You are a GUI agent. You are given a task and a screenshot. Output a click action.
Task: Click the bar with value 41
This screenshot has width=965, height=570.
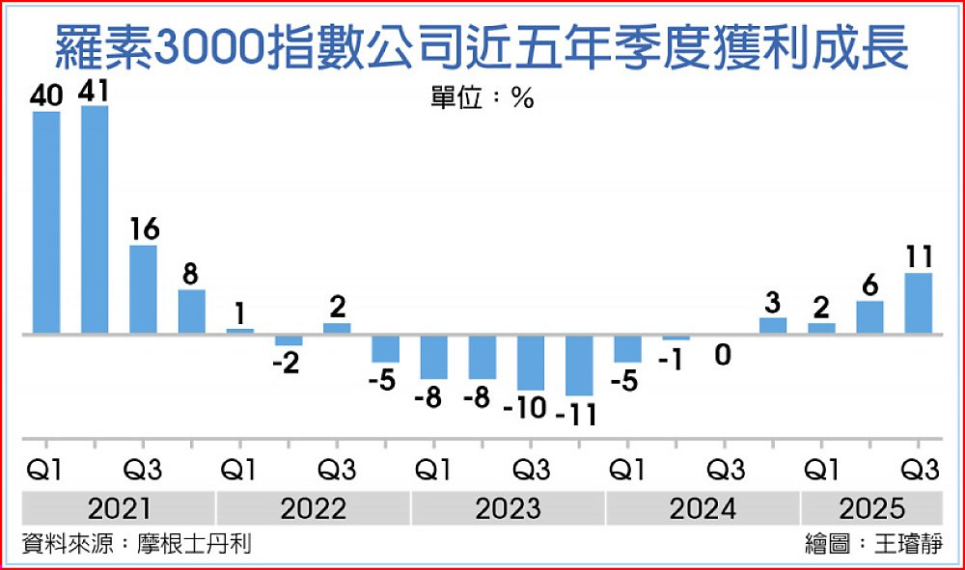95,220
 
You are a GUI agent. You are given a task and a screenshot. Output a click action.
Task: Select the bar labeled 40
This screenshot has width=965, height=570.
46,223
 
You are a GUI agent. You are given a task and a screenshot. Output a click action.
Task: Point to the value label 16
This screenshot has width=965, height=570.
144,230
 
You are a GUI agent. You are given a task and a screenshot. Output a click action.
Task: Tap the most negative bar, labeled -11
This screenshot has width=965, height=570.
579,365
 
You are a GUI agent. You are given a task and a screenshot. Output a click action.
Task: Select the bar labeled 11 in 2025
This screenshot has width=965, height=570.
919,303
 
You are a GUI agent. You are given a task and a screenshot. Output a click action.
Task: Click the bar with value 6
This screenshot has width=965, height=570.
870,317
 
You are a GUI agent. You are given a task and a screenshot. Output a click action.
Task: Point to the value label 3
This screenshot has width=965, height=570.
773,301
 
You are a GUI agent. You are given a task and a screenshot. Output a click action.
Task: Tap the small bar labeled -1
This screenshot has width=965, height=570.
676,338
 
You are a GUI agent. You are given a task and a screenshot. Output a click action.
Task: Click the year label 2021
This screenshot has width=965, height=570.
120,507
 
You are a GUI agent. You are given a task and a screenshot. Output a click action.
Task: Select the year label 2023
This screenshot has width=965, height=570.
508,507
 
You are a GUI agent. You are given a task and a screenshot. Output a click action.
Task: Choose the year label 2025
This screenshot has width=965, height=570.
871,507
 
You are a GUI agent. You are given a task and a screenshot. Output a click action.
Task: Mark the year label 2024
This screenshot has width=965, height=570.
702,507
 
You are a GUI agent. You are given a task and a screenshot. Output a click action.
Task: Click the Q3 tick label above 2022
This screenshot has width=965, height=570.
337,471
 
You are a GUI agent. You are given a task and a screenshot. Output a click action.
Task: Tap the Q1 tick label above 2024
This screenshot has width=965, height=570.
627,471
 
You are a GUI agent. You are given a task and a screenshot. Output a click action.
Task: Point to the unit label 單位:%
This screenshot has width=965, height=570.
482,98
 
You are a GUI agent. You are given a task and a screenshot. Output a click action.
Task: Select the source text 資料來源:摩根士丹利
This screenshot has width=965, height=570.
136,544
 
